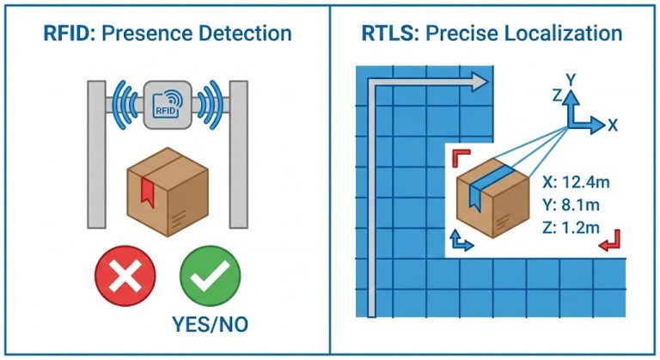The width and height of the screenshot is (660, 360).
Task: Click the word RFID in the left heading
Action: [x=66, y=34]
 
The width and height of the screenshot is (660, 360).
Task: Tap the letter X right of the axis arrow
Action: [x=613, y=125]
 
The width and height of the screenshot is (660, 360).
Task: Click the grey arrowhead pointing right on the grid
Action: [x=480, y=81]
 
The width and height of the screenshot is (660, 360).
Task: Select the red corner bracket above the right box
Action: [x=461, y=156]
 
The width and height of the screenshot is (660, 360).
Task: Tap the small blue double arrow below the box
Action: [x=462, y=242]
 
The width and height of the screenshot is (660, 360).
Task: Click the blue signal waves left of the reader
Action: [x=124, y=104]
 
